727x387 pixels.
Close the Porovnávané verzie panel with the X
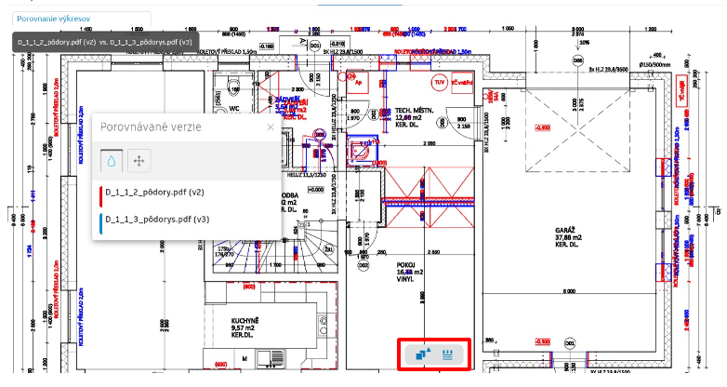coord(271,127)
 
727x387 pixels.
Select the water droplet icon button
coord(112,160)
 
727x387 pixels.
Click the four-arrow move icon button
coord(139,160)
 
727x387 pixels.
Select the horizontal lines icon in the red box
coord(449,354)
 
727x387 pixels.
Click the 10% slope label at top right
coord(583,44)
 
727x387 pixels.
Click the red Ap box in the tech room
coord(358,82)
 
